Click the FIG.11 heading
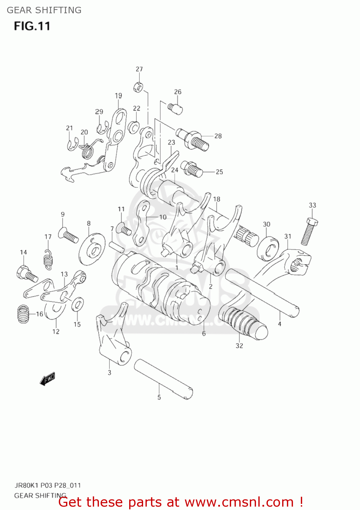coord(32,26)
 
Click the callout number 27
coord(139,69)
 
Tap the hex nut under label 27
coord(138,87)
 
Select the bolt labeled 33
coord(309,232)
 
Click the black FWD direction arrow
coord(47,379)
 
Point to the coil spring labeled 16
coord(23,314)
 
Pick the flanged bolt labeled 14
coord(27,274)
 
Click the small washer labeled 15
coord(78,304)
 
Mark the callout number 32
coord(239,345)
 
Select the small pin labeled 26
coord(175,108)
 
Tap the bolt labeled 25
coord(191,169)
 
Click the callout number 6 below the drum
coord(204,334)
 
